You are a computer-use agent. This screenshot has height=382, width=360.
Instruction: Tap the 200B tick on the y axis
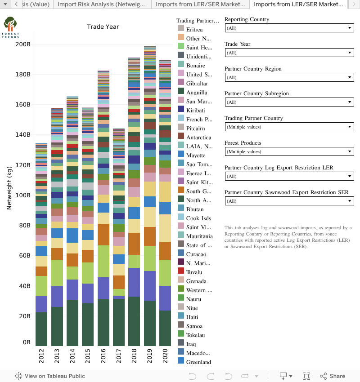(22, 44)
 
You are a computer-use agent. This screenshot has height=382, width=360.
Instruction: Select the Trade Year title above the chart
(103, 27)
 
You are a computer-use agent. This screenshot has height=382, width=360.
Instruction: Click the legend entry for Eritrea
(194, 30)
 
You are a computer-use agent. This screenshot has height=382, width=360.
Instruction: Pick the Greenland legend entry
(198, 362)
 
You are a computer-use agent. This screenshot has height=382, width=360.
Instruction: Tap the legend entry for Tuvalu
(194, 272)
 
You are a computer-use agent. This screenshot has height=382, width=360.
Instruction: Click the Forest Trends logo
(10, 27)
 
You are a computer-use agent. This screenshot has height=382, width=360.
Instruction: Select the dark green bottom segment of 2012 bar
(41, 329)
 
